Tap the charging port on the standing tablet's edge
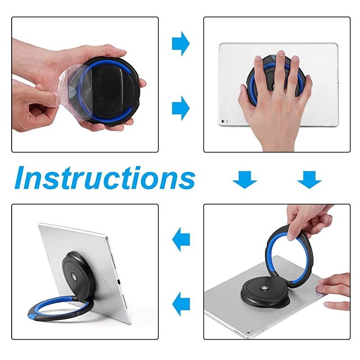pos(117,282)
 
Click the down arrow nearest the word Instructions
pos(245,180)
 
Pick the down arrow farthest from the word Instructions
pos(309,180)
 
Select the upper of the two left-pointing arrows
pos(181,239)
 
